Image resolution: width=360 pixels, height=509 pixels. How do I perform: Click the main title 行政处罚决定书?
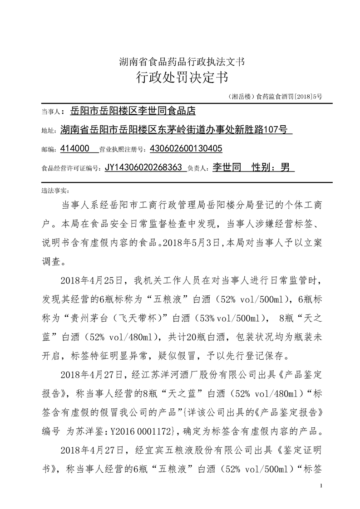point(182,78)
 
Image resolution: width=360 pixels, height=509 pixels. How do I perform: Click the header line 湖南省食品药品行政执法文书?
point(182,61)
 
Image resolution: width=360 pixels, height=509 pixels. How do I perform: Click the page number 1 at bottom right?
point(321,486)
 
